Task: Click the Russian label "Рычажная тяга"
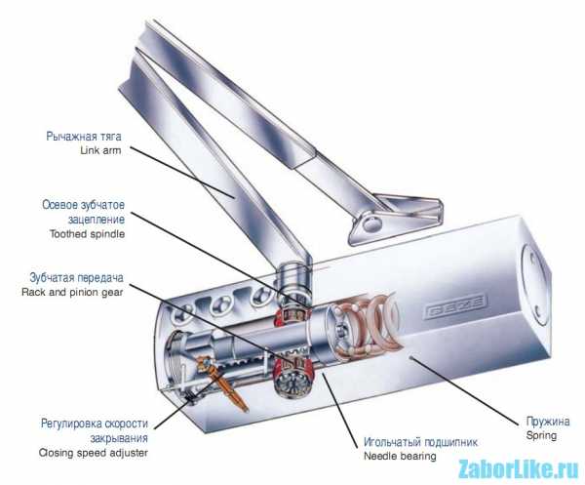coord(84,137)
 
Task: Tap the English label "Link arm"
coord(100,150)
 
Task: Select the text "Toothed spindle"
coord(88,234)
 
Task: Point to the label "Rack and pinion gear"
coord(72,292)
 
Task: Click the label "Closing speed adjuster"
coord(94,453)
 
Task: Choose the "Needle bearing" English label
coord(400,457)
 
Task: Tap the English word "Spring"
coord(541,435)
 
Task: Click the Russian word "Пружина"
coord(548,422)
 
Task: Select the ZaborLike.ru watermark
coord(518,469)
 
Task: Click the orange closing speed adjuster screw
coord(223,383)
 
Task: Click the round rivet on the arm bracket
coord(372,223)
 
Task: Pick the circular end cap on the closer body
coord(535,285)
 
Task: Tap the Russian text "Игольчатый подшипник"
coord(420,442)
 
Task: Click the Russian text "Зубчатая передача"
coord(76,278)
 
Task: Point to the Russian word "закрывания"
coord(119,438)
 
